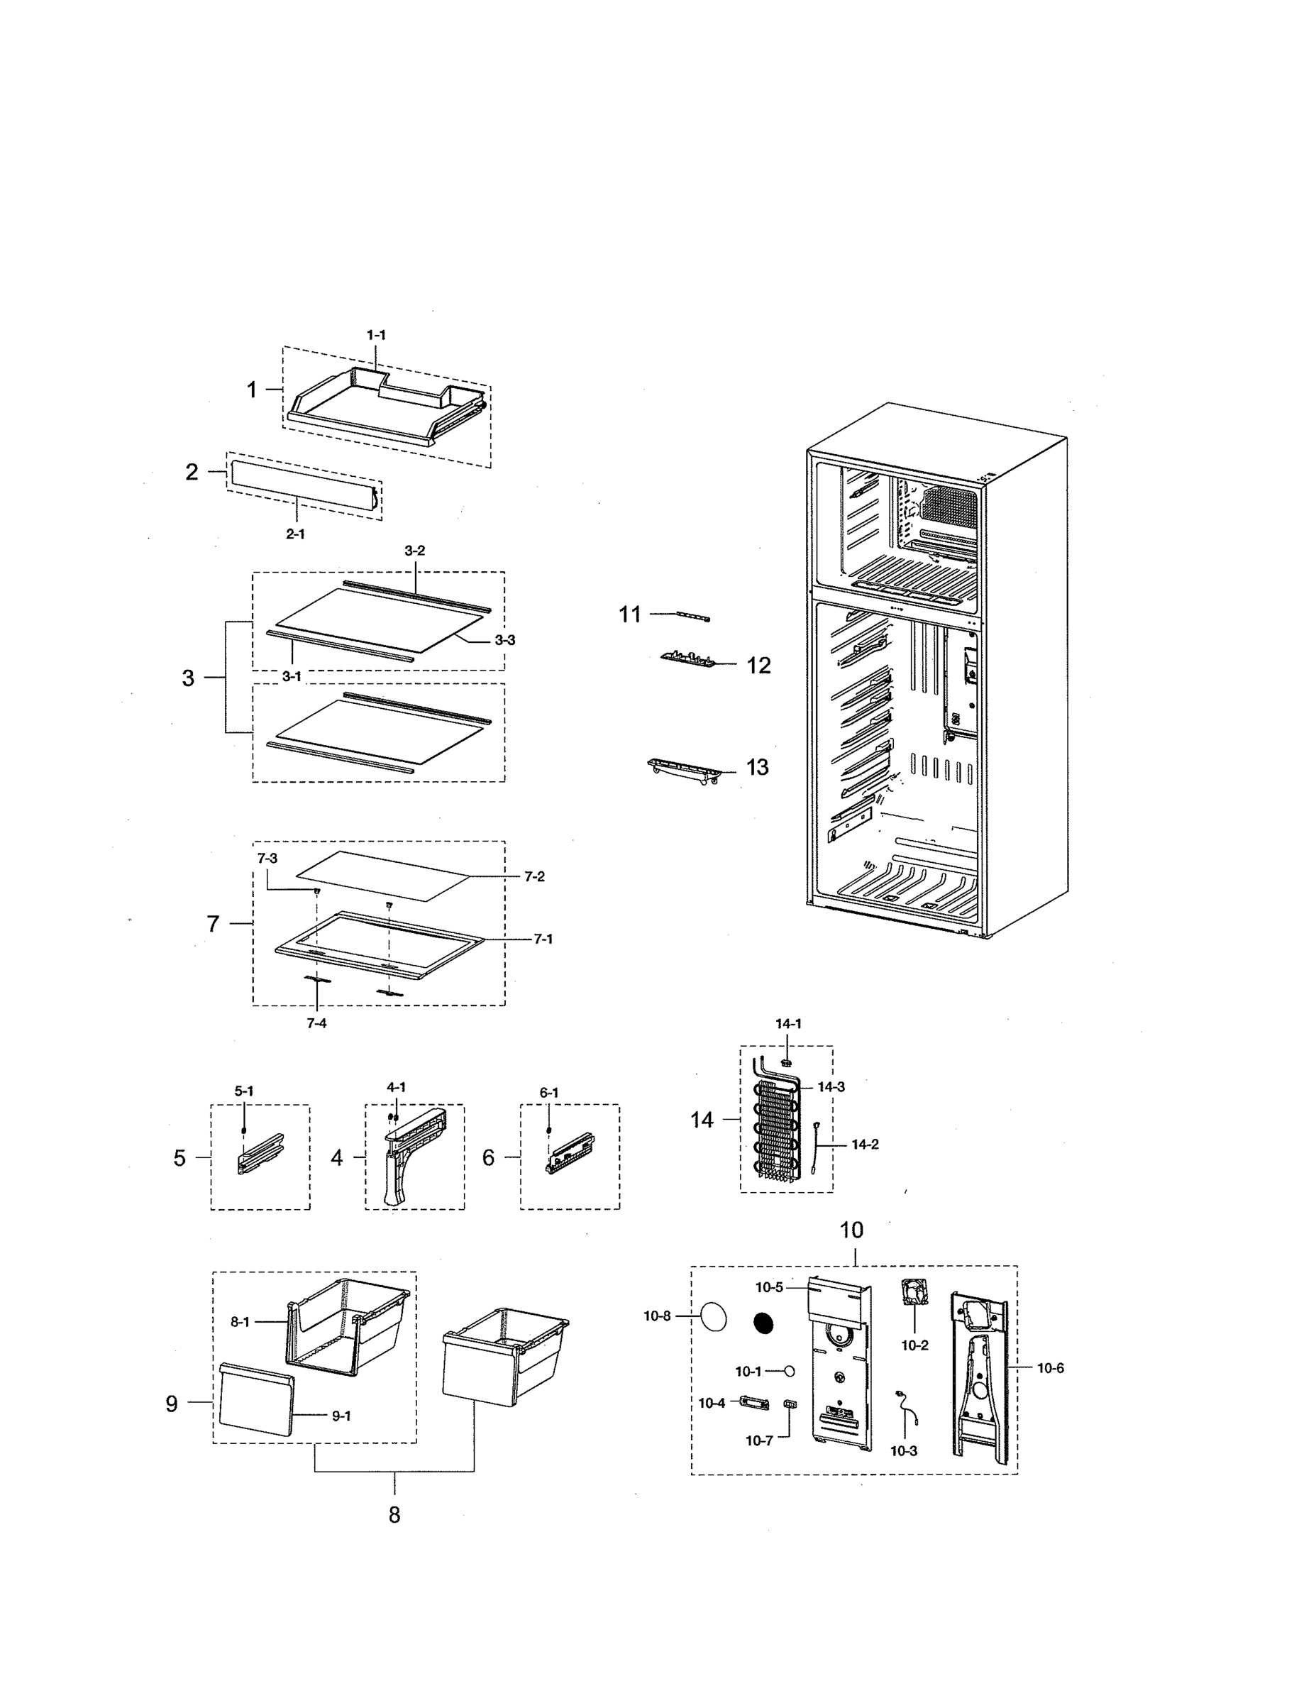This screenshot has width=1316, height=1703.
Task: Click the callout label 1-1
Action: pyautogui.click(x=376, y=334)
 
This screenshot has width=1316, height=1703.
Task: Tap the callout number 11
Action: pyautogui.click(x=629, y=614)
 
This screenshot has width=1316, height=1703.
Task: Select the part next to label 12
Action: pyautogui.click(x=687, y=659)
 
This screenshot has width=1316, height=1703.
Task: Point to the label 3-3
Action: pyautogui.click(x=504, y=640)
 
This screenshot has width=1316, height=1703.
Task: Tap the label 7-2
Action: pyautogui.click(x=534, y=876)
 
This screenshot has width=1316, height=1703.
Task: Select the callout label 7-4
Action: pyautogui.click(x=316, y=1023)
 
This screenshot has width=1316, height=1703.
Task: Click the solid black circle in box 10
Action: pyautogui.click(x=763, y=1323)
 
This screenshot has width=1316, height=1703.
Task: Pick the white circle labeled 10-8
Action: pyautogui.click(x=714, y=1317)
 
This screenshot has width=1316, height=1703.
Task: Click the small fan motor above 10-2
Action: pyautogui.click(x=914, y=1292)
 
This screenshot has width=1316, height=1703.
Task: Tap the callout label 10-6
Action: pyautogui.click(x=1050, y=1367)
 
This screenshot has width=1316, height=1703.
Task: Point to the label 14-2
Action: pyautogui.click(x=865, y=1145)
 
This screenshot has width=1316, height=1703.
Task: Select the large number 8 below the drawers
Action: pyautogui.click(x=394, y=1515)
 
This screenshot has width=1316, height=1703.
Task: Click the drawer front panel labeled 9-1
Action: pyautogui.click(x=255, y=1400)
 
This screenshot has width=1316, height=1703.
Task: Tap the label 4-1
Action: pyautogui.click(x=396, y=1087)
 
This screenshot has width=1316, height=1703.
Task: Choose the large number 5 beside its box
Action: pyautogui.click(x=179, y=1158)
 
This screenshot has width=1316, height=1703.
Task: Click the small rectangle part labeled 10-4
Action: pyautogui.click(x=753, y=1403)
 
